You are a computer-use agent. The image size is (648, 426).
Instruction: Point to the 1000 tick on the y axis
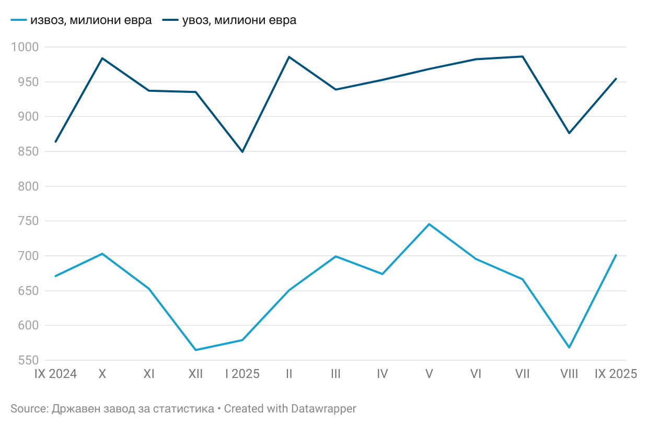(x=25, y=48)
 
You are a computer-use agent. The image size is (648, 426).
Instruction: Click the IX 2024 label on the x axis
(x=55, y=374)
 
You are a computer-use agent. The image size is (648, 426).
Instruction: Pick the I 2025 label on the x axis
(x=242, y=374)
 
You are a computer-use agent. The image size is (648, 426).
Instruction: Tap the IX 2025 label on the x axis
(x=616, y=374)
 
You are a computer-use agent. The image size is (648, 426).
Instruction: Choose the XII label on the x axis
(x=195, y=374)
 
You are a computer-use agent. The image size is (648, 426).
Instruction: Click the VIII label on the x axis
(x=569, y=374)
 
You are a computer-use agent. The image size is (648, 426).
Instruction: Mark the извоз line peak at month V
(x=429, y=224)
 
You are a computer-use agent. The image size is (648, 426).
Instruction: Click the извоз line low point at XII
(x=195, y=350)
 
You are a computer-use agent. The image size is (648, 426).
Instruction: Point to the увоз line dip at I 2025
(x=242, y=151)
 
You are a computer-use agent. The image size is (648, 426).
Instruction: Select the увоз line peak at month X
(x=102, y=58)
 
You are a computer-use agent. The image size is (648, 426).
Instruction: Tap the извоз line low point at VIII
(x=569, y=348)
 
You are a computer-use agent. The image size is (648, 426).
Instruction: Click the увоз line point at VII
(x=523, y=56)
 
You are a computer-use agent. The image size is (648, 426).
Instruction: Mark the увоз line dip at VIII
(x=569, y=133)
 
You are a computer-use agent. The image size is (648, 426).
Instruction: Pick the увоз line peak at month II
(x=289, y=57)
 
